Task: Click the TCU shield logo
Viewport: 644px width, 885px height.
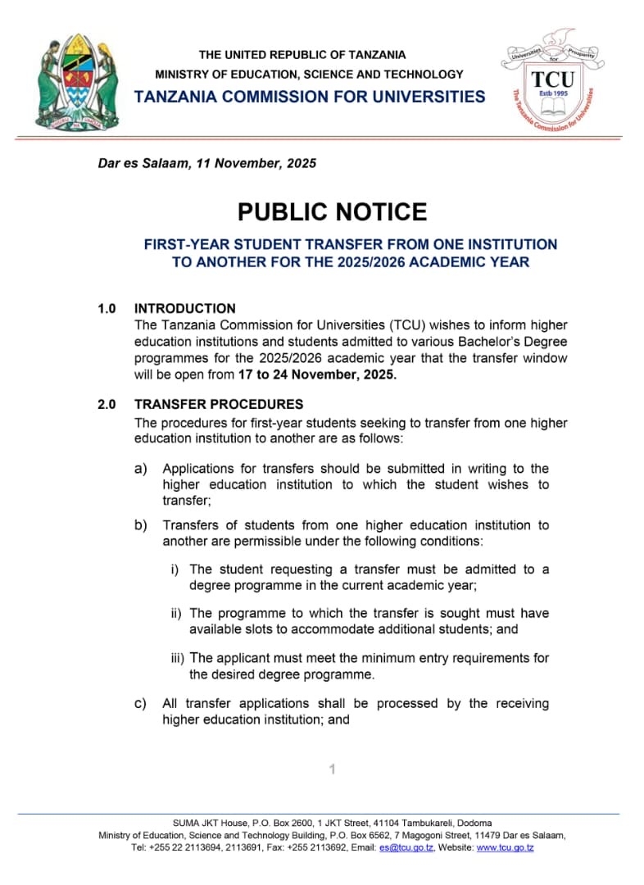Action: coord(552,81)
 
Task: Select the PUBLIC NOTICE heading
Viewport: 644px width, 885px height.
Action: coord(332,212)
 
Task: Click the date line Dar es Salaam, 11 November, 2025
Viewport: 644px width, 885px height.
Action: coord(207,163)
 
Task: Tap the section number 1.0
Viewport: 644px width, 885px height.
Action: coord(107,309)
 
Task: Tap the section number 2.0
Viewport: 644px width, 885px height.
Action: coord(107,404)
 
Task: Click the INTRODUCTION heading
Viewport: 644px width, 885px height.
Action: coord(184,309)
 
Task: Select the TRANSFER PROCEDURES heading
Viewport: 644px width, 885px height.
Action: coord(219,404)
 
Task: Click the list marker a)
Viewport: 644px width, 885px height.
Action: coord(141,469)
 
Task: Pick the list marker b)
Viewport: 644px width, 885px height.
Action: coord(141,525)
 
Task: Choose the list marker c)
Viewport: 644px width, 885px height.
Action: coord(141,704)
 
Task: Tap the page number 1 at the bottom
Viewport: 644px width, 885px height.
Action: coord(332,769)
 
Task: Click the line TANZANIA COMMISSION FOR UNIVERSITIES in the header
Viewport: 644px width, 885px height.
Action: coord(310,97)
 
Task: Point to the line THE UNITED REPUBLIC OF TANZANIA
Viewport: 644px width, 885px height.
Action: coord(302,55)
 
